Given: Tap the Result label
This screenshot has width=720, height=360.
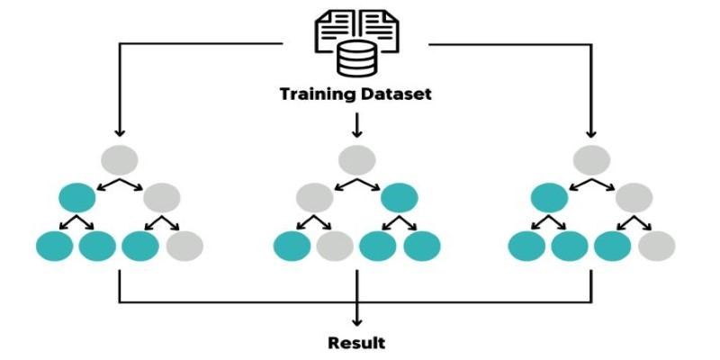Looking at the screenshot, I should [x=356, y=343].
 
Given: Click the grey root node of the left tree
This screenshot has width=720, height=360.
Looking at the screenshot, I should [x=119, y=159].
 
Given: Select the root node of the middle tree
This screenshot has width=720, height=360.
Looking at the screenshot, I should [x=357, y=159].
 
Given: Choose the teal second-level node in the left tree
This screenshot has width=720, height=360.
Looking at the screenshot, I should [x=77, y=197].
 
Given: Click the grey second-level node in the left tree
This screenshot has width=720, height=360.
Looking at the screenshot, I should [x=162, y=197].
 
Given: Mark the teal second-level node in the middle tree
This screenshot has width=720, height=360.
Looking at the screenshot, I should [x=400, y=197].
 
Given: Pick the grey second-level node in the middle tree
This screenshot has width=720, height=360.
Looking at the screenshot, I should [x=315, y=197].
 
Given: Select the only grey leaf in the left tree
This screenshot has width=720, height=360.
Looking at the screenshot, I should [x=184, y=245].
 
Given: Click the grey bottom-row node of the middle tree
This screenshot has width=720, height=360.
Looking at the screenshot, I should [x=336, y=245].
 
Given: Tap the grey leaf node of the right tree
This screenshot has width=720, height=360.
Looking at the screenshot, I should [x=656, y=245].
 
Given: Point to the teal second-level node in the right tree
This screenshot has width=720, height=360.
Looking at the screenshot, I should [x=549, y=197].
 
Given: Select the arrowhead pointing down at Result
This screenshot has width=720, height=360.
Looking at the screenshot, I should [x=357, y=321].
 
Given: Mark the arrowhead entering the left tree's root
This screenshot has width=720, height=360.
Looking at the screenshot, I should [x=119, y=134].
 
